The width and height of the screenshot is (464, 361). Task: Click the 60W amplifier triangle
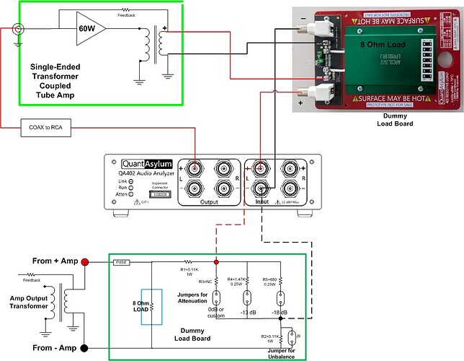pyautogui.click(x=89, y=28)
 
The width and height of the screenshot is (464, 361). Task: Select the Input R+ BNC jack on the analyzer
pyautogui.click(x=290, y=167)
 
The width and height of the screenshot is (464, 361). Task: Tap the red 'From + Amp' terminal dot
pyautogui.click(x=85, y=262)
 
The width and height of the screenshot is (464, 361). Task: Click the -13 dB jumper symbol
pyautogui.click(x=246, y=299)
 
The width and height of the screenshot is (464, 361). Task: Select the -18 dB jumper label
pyautogui.click(x=282, y=313)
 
